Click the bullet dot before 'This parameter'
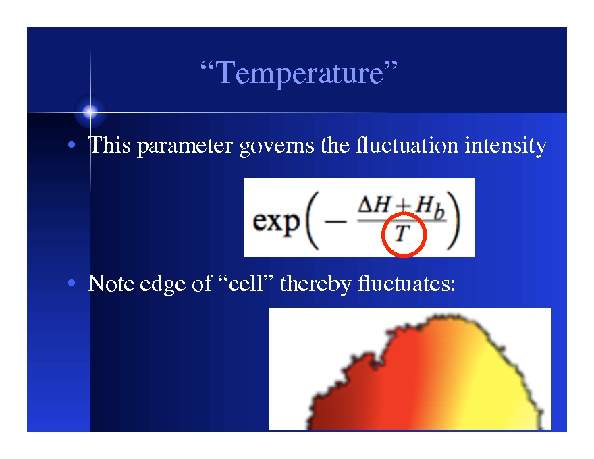71,146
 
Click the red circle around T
403,236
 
